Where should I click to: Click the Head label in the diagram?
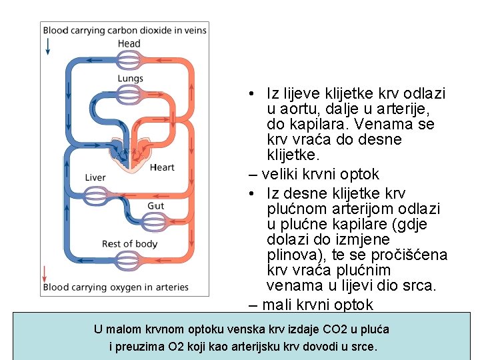129,44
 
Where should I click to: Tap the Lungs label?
130,79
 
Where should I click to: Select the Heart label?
162,167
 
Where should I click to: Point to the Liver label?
95,177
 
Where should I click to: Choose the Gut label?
155,206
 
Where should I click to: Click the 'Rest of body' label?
129,243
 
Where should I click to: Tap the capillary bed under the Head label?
129,60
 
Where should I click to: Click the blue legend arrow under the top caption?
48,46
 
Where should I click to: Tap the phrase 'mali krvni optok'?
317,305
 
